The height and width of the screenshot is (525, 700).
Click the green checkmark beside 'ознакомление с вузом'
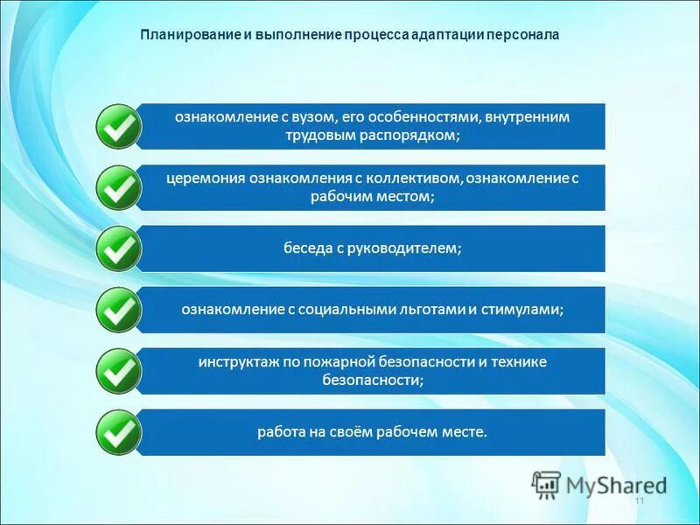pos(116,126)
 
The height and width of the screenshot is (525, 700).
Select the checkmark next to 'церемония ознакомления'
pos(116,187)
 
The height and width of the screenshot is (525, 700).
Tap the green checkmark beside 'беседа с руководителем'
pos(116,248)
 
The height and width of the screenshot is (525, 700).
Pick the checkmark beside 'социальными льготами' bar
pos(116,309)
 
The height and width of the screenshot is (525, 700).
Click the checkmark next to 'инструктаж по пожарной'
pos(116,371)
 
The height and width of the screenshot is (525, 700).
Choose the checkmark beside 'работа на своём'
pos(116,432)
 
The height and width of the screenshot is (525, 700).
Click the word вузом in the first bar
pos(310,117)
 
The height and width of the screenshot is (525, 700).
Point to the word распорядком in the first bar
pos(416,136)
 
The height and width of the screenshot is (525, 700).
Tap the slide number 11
pos(639,500)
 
